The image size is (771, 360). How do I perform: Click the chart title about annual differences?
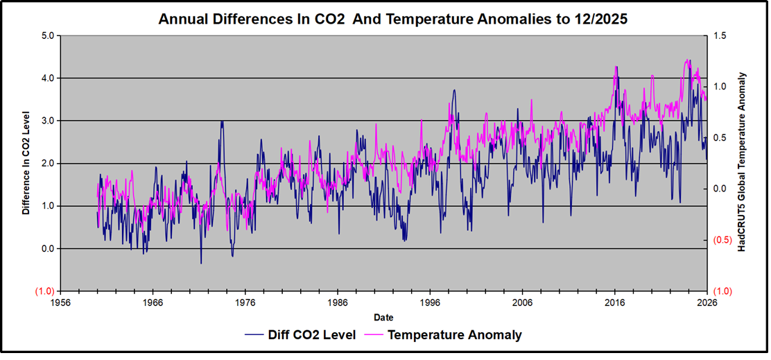pyautogui.click(x=392, y=19)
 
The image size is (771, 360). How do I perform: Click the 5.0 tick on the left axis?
pyautogui.click(x=46, y=35)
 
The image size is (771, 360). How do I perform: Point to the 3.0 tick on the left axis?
pyautogui.click(x=46, y=121)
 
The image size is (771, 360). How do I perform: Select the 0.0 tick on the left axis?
pyautogui.click(x=46, y=249)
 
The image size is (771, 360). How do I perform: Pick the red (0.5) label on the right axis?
pyautogui.click(x=721, y=241)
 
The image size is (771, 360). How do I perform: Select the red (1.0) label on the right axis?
pyautogui.click(x=721, y=291)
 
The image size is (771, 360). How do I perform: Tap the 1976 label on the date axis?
pyautogui.click(x=245, y=303)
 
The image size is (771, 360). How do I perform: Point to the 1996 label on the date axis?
pyautogui.click(x=430, y=303)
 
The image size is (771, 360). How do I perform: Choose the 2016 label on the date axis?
pyautogui.click(x=614, y=303)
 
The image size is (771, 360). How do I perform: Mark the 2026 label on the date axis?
pyautogui.click(x=707, y=303)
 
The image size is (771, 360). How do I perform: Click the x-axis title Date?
pyautogui.click(x=383, y=317)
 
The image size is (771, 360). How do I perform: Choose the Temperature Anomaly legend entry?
pyautogui.click(x=454, y=335)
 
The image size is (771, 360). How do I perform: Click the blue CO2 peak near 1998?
pyautogui.click(x=454, y=90)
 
